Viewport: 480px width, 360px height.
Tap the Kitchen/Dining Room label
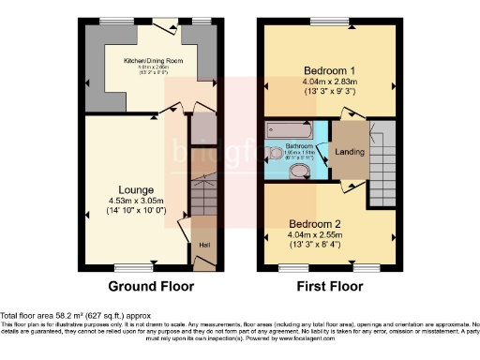153,60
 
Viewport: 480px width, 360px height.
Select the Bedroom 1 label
328,70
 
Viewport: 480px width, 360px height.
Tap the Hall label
204,246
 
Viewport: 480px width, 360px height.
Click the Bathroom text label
298,147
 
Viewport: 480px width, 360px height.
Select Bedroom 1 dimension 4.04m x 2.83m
328,82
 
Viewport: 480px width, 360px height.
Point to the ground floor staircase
202,197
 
